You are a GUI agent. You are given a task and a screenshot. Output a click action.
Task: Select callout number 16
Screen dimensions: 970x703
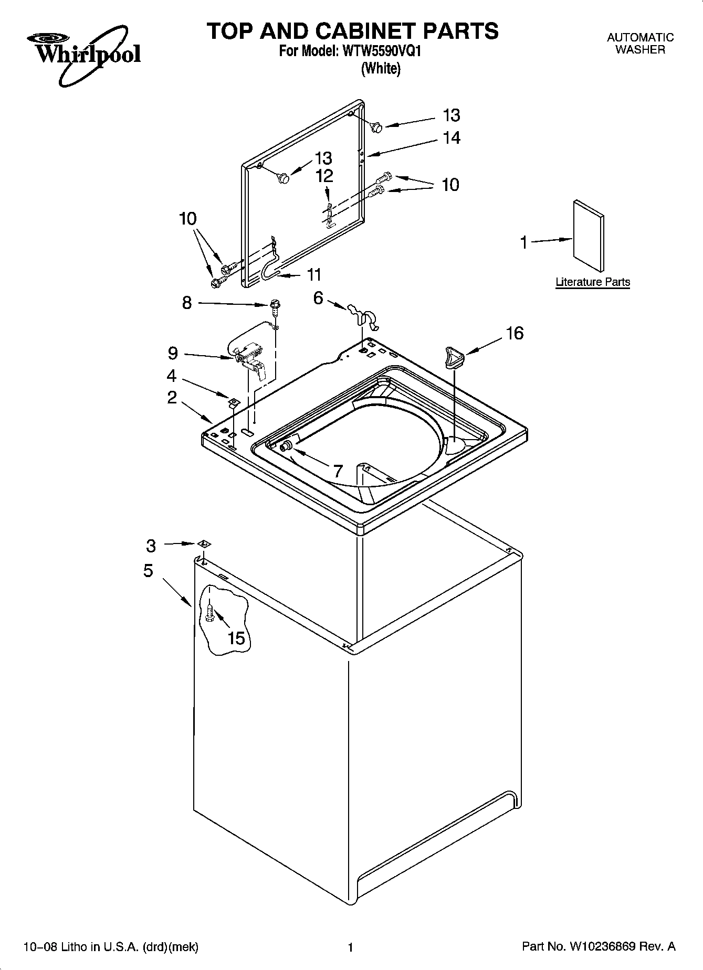coord(515,334)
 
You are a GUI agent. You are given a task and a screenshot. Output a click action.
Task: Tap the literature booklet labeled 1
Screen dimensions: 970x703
coord(588,234)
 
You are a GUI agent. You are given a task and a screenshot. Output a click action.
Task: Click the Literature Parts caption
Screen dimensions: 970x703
coord(593,282)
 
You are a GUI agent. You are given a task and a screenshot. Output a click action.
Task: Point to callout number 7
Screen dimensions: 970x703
coord(338,470)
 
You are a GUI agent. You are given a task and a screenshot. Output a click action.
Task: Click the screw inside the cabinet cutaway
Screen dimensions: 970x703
coord(210,612)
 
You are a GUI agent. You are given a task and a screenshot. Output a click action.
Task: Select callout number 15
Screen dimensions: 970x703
coord(236,638)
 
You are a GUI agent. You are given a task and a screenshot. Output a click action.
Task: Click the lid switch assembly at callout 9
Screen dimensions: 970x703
coord(249,357)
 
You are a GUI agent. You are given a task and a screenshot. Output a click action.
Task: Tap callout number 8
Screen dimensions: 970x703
coord(187,303)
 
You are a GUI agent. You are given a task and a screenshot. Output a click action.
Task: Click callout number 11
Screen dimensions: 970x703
coord(314,274)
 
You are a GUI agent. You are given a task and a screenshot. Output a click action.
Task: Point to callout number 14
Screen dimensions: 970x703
coord(452,138)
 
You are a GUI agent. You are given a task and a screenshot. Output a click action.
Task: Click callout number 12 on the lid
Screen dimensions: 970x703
coord(324,176)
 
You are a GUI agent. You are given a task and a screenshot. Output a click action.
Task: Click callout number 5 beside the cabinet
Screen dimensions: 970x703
coord(149,570)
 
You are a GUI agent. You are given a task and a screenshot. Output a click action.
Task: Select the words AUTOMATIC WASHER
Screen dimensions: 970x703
coord(639,44)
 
